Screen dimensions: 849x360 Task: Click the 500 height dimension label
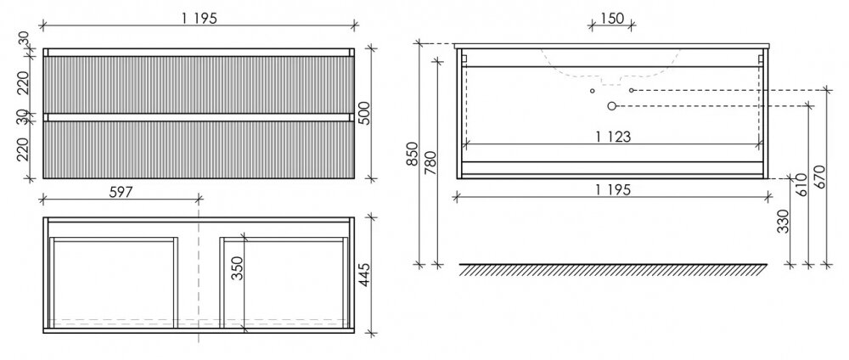tap(365, 113)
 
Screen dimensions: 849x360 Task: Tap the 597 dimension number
tap(121, 192)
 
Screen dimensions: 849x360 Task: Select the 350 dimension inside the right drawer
tap(238, 267)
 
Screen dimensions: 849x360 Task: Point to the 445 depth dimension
tap(364, 275)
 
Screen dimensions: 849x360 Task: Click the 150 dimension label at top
tap(612, 19)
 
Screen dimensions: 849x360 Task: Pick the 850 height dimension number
tap(413, 154)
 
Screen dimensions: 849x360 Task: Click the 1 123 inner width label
tap(613, 137)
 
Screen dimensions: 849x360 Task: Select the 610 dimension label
tap(802, 184)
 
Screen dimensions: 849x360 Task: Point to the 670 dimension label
tap(818, 177)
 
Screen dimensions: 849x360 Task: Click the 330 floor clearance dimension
tap(783, 221)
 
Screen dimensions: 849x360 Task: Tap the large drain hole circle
tap(612, 106)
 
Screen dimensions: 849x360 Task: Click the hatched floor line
tap(613, 270)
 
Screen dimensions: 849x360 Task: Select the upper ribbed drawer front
tap(199, 85)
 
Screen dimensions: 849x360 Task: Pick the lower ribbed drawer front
tap(199, 149)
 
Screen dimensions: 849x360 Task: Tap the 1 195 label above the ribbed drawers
tap(199, 18)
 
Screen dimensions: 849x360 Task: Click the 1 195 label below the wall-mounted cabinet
tap(613, 189)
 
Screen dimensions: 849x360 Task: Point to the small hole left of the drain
tap(593, 90)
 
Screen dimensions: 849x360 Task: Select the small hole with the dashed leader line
tap(632, 90)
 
